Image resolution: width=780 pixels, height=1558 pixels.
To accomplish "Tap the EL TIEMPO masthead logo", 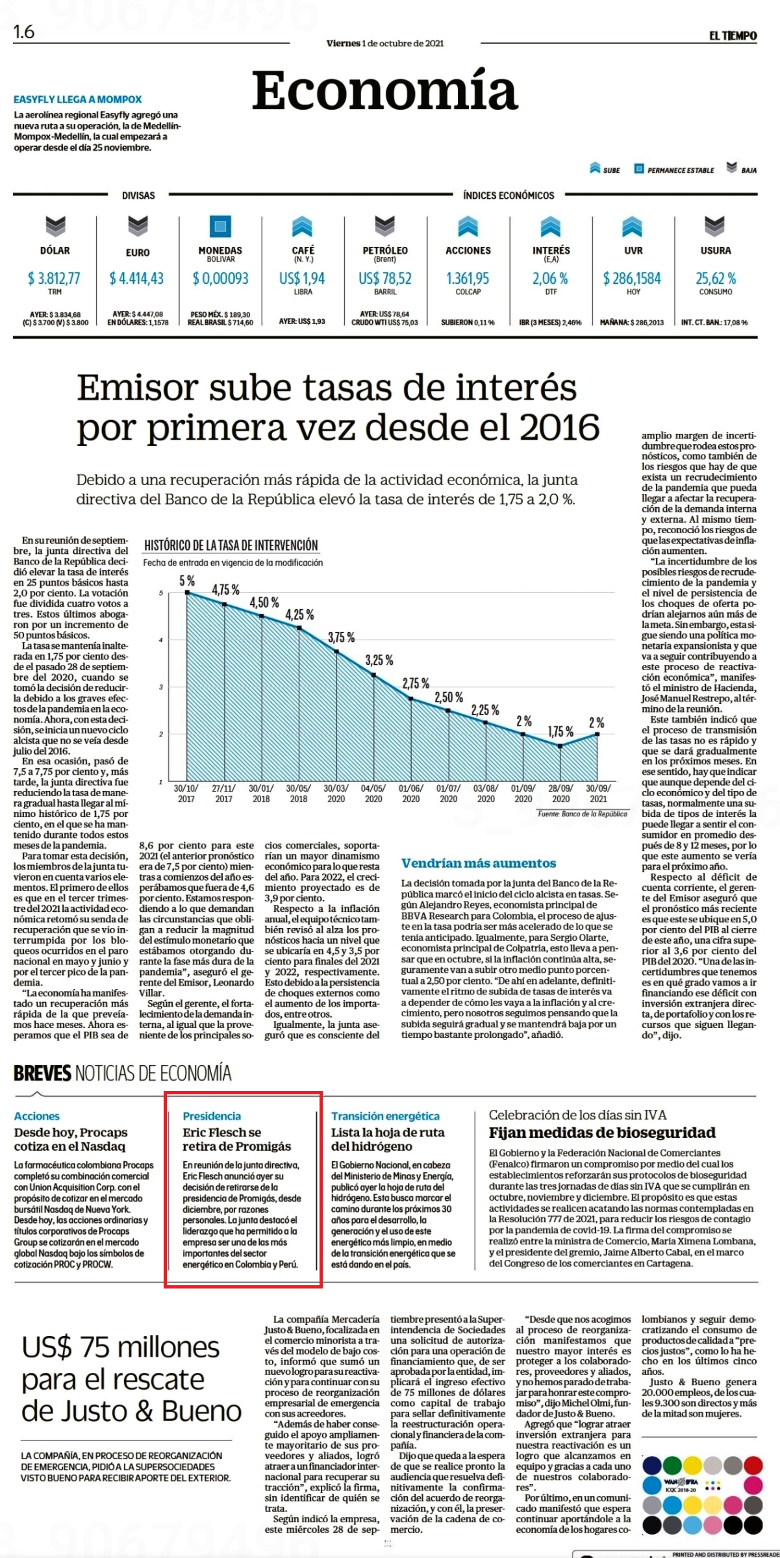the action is pyautogui.click(x=733, y=36).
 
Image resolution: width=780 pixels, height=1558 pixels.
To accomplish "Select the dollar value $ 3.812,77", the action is pyautogui.click(x=54, y=279).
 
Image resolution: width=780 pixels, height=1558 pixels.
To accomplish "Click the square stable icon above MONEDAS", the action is pyautogui.click(x=220, y=226).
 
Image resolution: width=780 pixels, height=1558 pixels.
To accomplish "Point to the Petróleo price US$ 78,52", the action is pyautogui.click(x=385, y=279).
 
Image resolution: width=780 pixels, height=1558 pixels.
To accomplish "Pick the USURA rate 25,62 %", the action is pyautogui.click(x=716, y=279).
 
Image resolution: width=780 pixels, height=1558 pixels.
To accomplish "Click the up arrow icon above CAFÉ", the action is pyautogui.click(x=303, y=226).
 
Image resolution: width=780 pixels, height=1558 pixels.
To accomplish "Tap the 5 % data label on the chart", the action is pyautogui.click(x=187, y=581).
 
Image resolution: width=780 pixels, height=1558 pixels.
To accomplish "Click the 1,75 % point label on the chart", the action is pyautogui.click(x=560, y=732).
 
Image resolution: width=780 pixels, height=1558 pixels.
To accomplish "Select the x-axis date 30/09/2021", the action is pyautogui.click(x=598, y=794).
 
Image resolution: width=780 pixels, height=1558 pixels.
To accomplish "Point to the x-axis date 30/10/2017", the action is pyautogui.click(x=186, y=794).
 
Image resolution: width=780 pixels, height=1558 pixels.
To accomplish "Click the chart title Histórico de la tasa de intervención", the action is pyautogui.click(x=231, y=546).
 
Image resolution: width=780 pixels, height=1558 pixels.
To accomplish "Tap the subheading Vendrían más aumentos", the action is pyautogui.click(x=479, y=863).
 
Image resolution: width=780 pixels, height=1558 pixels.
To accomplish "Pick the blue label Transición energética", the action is pyautogui.click(x=385, y=1116).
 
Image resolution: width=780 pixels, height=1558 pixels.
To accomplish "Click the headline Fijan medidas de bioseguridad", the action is pyautogui.click(x=602, y=1133).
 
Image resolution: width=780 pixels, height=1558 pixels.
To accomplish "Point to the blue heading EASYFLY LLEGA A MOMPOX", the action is pyautogui.click(x=78, y=100).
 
